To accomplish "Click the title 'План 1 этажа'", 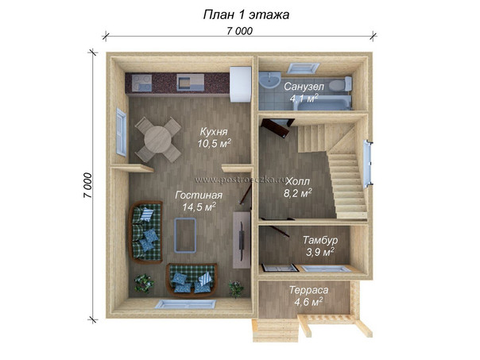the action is coord(246,14).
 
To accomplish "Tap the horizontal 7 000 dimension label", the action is coord(240,31).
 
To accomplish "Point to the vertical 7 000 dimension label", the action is coord(87,185).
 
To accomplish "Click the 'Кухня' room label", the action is coord(214,132).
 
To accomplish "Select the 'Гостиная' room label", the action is coord(199,195).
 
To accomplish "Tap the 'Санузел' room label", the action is coord(304,87).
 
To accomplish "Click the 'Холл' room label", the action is coord(297,181).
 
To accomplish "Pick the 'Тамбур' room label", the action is coord(320,240).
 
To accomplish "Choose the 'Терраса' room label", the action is coord(308,289).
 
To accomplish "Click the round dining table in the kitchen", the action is coord(157,140).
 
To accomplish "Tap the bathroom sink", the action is coord(269,80).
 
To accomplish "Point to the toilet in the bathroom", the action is coord(341,84).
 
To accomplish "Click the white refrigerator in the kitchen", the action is coord(240,84).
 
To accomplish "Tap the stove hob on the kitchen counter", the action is coord(141,83).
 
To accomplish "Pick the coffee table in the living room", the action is coord(185,235).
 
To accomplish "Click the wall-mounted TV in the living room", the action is coord(242,242).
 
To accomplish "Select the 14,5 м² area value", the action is coord(199,207).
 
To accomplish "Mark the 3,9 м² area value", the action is coord(320,252).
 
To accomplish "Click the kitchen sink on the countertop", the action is coord(190,83).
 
